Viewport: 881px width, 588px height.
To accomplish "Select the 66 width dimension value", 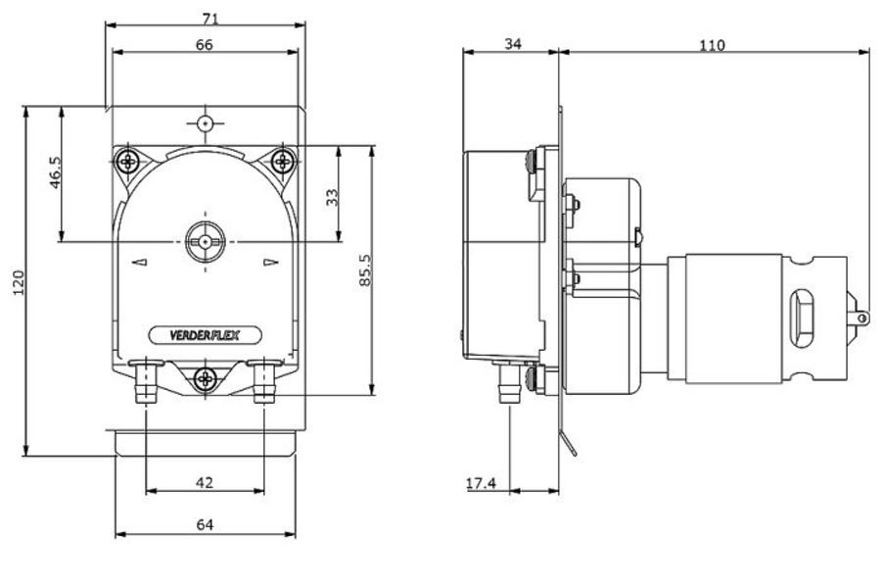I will point(205,44).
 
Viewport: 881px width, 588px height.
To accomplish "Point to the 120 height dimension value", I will point(19,282).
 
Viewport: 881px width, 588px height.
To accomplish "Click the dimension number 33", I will point(333,197).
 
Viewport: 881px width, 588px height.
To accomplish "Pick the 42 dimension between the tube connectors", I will point(205,482).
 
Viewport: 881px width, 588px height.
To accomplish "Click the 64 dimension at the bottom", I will point(205,524).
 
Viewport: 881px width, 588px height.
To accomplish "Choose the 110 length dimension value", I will point(713,45).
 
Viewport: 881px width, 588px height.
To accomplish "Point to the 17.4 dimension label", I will point(481,483).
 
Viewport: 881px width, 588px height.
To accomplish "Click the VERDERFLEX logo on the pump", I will point(205,335).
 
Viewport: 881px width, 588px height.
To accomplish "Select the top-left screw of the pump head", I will point(127,160).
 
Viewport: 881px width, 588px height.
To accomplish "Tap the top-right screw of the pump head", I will point(283,159).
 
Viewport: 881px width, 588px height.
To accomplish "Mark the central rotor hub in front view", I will point(205,240).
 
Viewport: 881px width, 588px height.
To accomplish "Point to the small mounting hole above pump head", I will point(205,123).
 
